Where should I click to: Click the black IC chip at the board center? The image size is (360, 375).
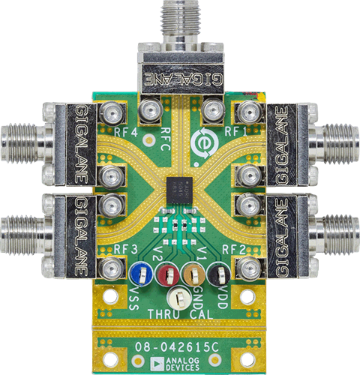(x=180, y=187)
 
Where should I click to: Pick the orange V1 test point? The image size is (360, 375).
(x=193, y=273)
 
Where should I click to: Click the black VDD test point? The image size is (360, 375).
(x=219, y=273)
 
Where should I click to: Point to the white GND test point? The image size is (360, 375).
(x=180, y=297)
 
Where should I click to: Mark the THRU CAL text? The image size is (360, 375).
(x=180, y=312)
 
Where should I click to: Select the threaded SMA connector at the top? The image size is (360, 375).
(x=181, y=19)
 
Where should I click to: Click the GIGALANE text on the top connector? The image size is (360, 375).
(x=181, y=77)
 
